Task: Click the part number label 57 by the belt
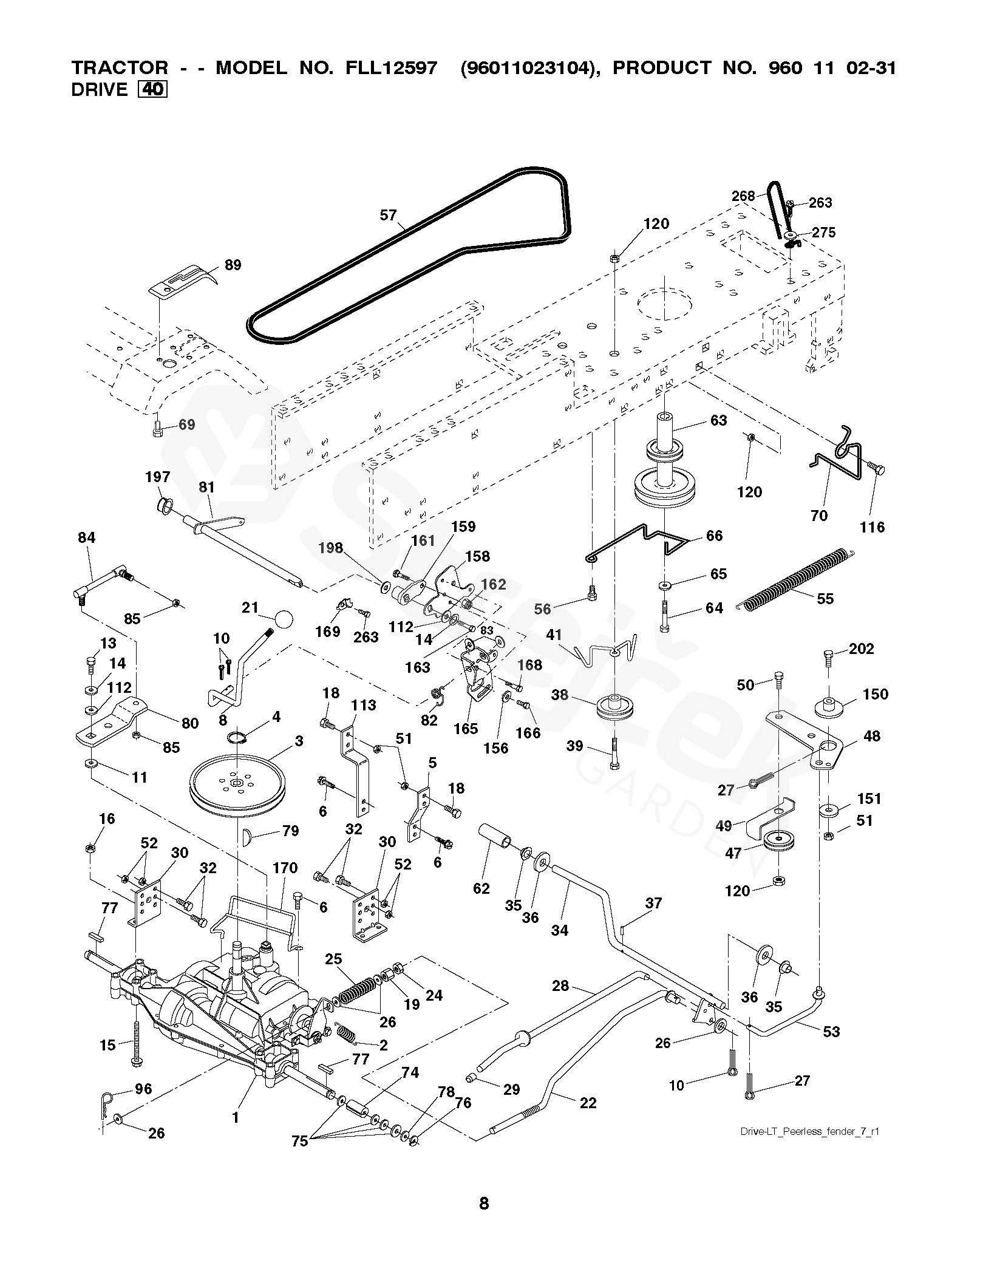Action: (x=388, y=215)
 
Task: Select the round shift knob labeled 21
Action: (x=283, y=619)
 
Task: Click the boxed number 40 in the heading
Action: (x=153, y=89)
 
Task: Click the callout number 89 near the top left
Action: (x=232, y=265)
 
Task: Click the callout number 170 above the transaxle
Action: (x=285, y=868)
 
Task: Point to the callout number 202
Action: (x=861, y=649)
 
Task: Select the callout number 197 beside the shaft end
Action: (x=157, y=477)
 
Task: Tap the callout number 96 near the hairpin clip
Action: (x=143, y=1089)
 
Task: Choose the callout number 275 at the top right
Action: (x=823, y=232)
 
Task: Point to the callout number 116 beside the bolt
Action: (x=872, y=527)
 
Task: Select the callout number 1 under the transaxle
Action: (x=236, y=1115)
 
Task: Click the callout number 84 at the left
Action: (x=87, y=537)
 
